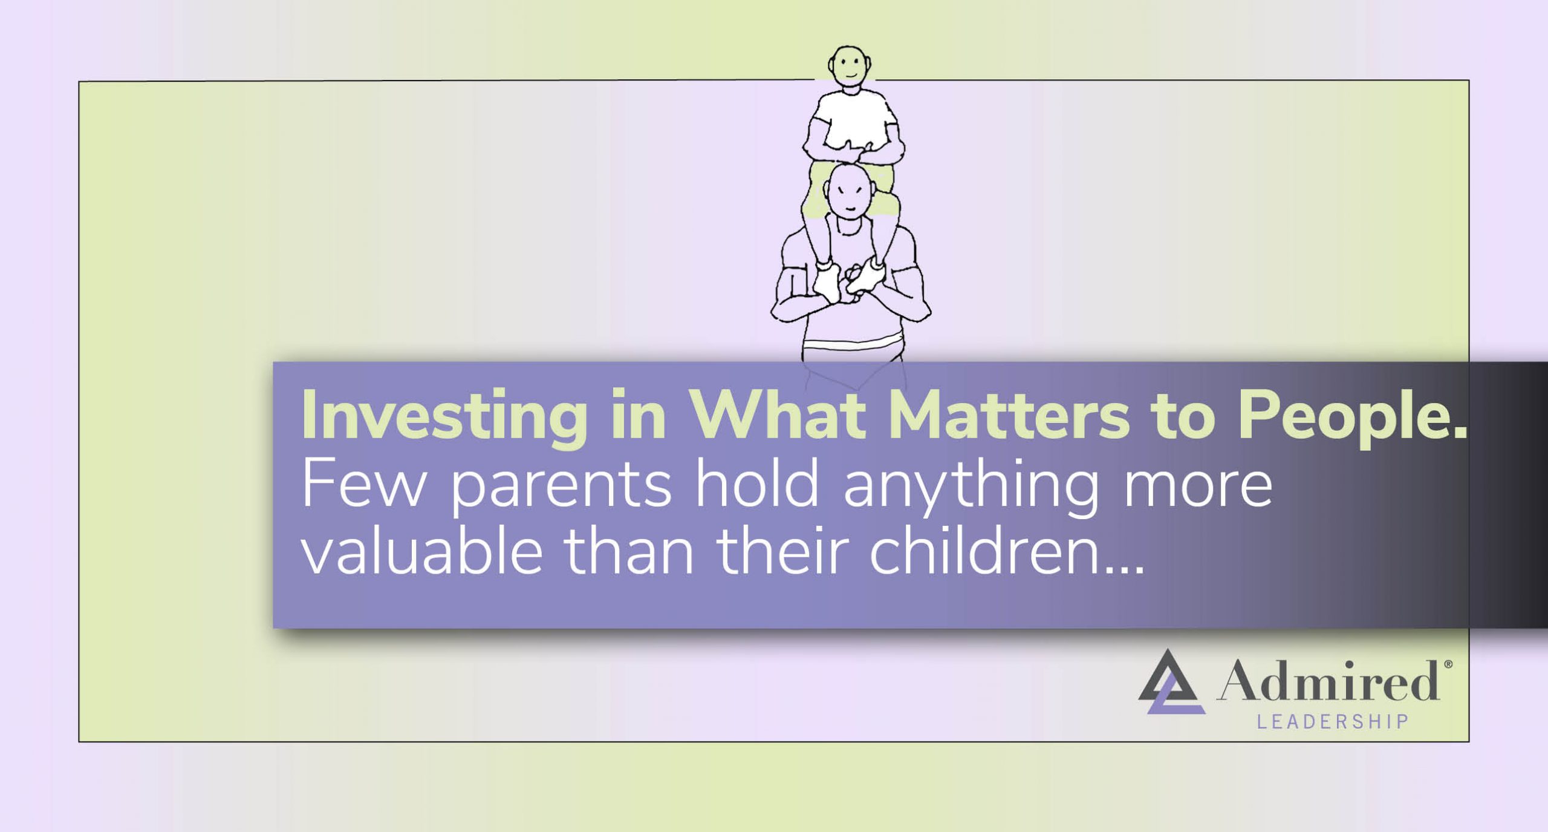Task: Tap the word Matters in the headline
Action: [1008, 416]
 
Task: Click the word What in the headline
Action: [778, 416]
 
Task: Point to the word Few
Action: [363, 484]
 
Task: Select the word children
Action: [983, 552]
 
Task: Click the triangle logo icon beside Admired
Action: [1171, 683]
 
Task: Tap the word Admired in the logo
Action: [1328, 681]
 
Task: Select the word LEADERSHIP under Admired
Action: [1333, 722]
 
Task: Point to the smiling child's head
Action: [850, 67]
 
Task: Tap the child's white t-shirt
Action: [853, 118]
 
